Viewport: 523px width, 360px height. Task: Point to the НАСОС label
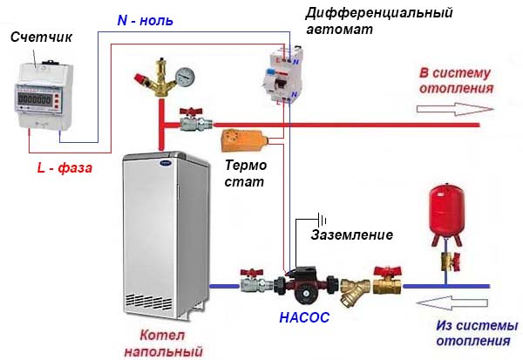[304, 318]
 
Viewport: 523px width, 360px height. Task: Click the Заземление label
[352, 234]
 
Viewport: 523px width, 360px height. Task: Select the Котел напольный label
[170, 343]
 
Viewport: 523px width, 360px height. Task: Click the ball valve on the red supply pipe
[190, 120]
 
